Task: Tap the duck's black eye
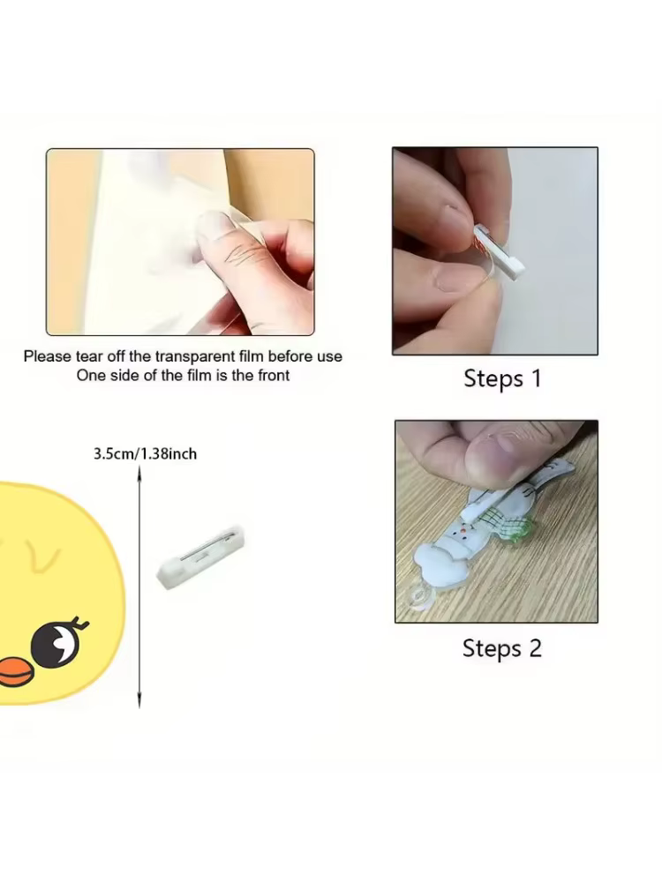pos(55,644)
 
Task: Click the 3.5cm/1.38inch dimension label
pos(146,453)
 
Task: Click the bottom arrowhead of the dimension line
pos(139,701)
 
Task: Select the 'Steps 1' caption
pos(502,378)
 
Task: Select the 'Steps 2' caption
pos(502,648)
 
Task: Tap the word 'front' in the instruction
pos(274,375)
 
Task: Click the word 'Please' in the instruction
pos(48,356)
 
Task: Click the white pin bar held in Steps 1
pos(500,250)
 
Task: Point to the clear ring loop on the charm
pos(418,597)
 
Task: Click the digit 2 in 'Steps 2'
pos(535,648)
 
